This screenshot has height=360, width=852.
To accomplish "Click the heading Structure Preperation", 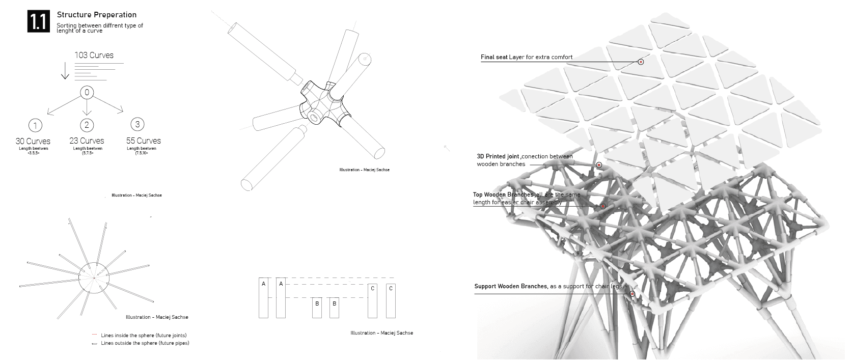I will pyautogui.click(x=96, y=15).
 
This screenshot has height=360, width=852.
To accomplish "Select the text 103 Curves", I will pyautogui.click(x=94, y=55).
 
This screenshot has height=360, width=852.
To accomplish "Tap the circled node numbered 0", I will pyautogui.click(x=87, y=93).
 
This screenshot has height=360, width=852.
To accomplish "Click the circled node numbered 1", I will pyautogui.click(x=35, y=125).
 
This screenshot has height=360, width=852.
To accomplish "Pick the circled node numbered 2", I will pyautogui.click(x=87, y=124).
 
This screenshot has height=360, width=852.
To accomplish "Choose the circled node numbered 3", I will pyautogui.click(x=138, y=124).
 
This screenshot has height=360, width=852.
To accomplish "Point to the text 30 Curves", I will pyautogui.click(x=33, y=141).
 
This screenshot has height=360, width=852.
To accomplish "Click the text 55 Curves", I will pyautogui.click(x=143, y=141).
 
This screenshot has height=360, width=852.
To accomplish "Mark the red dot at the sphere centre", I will pyautogui.click(x=94, y=278).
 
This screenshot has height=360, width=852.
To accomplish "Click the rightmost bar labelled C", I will pyautogui.click(x=391, y=301).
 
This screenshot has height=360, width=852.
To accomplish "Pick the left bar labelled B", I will pyautogui.click(x=317, y=308).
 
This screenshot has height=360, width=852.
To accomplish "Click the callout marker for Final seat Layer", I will pyautogui.click(x=641, y=62).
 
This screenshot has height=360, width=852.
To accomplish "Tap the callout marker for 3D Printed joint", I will pyautogui.click(x=599, y=165).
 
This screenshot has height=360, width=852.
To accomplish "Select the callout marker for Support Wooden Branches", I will pyautogui.click(x=632, y=294).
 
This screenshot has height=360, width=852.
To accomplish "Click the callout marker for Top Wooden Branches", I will pyautogui.click(x=603, y=206).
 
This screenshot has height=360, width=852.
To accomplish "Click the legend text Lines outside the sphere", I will pyautogui.click(x=145, y=343).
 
